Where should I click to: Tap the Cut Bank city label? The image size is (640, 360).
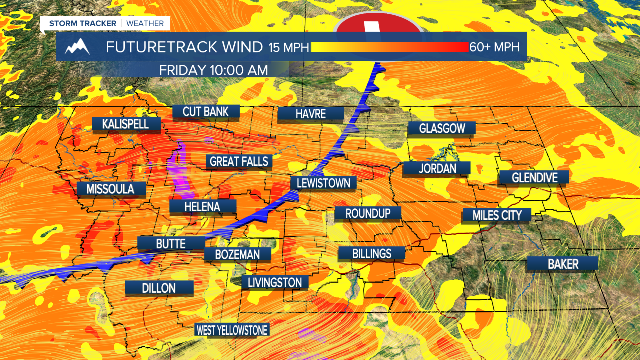206,111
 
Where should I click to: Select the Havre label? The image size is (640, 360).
310,114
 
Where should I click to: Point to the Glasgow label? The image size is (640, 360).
442,128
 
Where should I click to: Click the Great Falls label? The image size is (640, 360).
239,161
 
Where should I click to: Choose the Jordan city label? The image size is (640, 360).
437,168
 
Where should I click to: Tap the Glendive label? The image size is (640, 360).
534,177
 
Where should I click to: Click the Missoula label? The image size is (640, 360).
110,188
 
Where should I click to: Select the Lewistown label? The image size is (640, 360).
323,183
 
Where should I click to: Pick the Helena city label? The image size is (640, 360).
202,206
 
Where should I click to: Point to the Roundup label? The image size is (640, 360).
368,213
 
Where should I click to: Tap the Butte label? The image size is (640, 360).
171,244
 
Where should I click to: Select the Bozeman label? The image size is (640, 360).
237,254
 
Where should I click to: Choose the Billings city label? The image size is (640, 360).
371,253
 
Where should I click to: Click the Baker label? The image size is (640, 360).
563,264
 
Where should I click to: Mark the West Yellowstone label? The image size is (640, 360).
232,330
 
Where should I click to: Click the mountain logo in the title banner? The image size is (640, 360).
77,47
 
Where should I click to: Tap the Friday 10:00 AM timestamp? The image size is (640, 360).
213,70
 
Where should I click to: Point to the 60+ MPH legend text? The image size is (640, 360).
495,47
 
